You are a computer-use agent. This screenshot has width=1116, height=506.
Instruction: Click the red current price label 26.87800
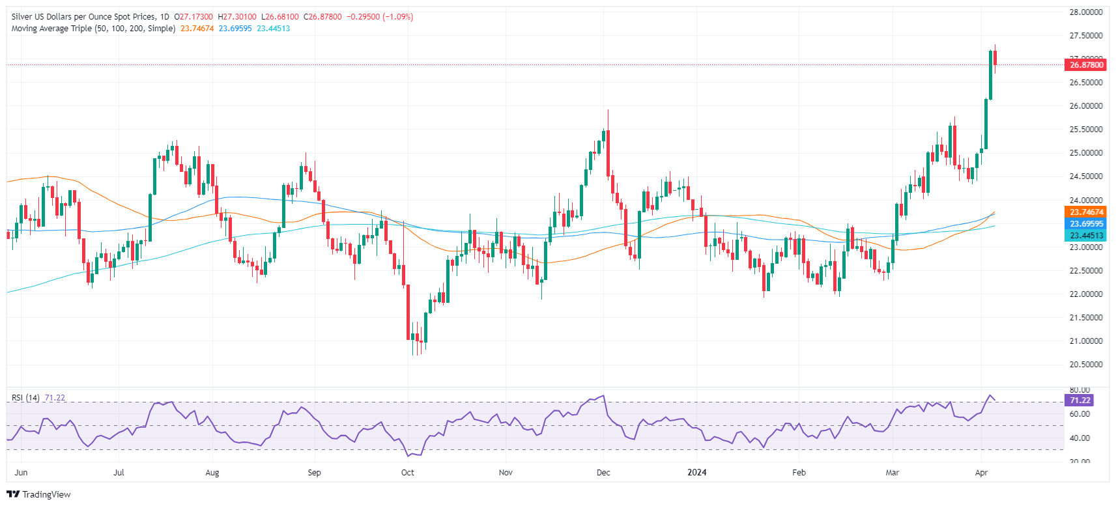click(x=1087, y=64)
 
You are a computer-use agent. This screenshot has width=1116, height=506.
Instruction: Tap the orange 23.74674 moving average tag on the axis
click(x=1087, y=212)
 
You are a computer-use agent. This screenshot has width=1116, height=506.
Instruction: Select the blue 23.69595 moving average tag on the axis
click(x=1087, y=224)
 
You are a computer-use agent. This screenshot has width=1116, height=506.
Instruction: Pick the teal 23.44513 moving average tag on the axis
click(x=1087, y=236)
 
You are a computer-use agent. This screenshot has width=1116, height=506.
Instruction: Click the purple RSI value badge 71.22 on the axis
click(x=1080, y=401)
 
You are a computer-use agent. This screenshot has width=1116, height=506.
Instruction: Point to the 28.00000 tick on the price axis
click(x=1085, y=12)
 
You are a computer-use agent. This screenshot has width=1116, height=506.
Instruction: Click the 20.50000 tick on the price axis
click(x=1085, y=365)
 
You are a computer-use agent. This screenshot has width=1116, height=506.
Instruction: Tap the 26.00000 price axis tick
click(x=1085, y=106)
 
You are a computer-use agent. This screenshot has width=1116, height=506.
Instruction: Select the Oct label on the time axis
click(x=407, y=473)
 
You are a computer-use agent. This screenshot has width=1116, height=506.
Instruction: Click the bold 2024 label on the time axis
click(x=697, y=473)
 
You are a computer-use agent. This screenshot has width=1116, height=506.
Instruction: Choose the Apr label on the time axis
click(x=981, y=473)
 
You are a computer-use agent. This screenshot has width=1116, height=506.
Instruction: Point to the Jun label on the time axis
click(x=21, y=473)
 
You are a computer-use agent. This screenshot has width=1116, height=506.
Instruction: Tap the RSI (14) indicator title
click(x=25, y=398)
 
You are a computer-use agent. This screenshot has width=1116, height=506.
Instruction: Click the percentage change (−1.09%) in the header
click(x=398, y=17)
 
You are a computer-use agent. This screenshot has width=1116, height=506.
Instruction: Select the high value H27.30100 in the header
click(x=237, y=17)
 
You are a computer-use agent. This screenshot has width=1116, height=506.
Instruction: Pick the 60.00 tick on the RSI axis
click(x=1080, y=414)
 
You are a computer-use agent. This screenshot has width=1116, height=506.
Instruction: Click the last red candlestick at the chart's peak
click(x=995, y=57)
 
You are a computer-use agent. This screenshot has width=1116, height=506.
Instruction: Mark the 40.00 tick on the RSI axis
click(x=1080, y=438)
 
